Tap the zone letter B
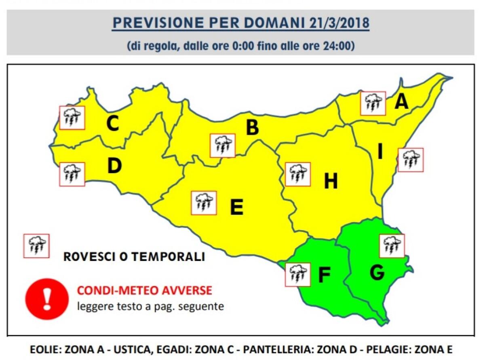tap(253, 128)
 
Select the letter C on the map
tap(112, 124)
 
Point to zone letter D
tap(114, 166)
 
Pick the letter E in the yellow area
tap(236, 208)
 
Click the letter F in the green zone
tap(324, 275)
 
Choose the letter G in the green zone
tap(377, 273)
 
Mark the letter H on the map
tap(331, 182)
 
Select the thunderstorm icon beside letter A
tap(373, 103)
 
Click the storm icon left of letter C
tap(72, 118)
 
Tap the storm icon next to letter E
tap(204, 203)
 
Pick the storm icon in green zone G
tap(392, 246)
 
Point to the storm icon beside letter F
tap(297, 274)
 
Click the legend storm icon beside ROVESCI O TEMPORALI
tap(36, 246)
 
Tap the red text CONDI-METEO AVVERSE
tap(144, 290)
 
